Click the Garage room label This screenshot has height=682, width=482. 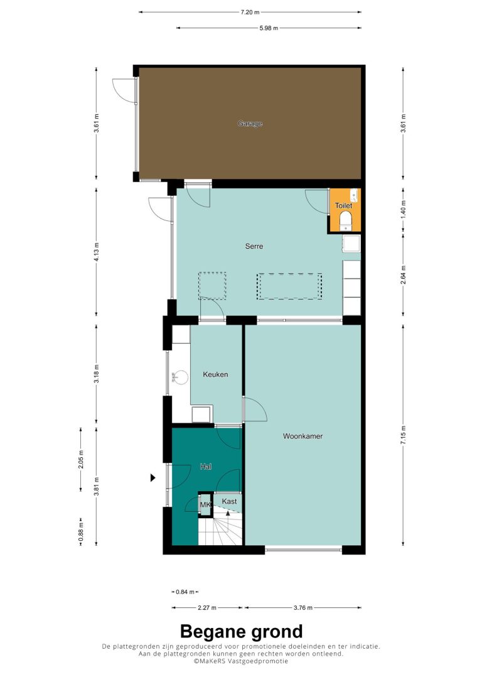[250, 124]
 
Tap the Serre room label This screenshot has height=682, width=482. [254, 246]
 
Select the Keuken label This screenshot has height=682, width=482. [215, 374]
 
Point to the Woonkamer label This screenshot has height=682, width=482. [303, 436]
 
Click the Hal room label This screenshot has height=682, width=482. [206, 467]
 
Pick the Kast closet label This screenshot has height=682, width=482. [229, 502]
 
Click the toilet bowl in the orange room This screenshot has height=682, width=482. [346, 220]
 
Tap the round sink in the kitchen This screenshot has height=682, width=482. [180, 377]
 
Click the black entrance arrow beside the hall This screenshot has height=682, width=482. [153, 477]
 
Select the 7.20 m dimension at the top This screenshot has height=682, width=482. [250, 12]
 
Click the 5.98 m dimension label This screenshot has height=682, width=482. [269, 28]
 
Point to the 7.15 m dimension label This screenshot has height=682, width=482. [404, 435]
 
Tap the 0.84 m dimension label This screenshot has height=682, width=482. [185, 592]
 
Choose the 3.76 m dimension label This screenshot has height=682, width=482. [303, 608]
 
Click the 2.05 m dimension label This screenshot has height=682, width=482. [81, 459]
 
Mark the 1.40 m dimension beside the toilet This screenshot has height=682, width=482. [404, 209]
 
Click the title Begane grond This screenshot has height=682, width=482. [241, 631]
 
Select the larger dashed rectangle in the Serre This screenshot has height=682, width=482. [289, 286]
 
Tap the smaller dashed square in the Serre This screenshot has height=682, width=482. [212, 285]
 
